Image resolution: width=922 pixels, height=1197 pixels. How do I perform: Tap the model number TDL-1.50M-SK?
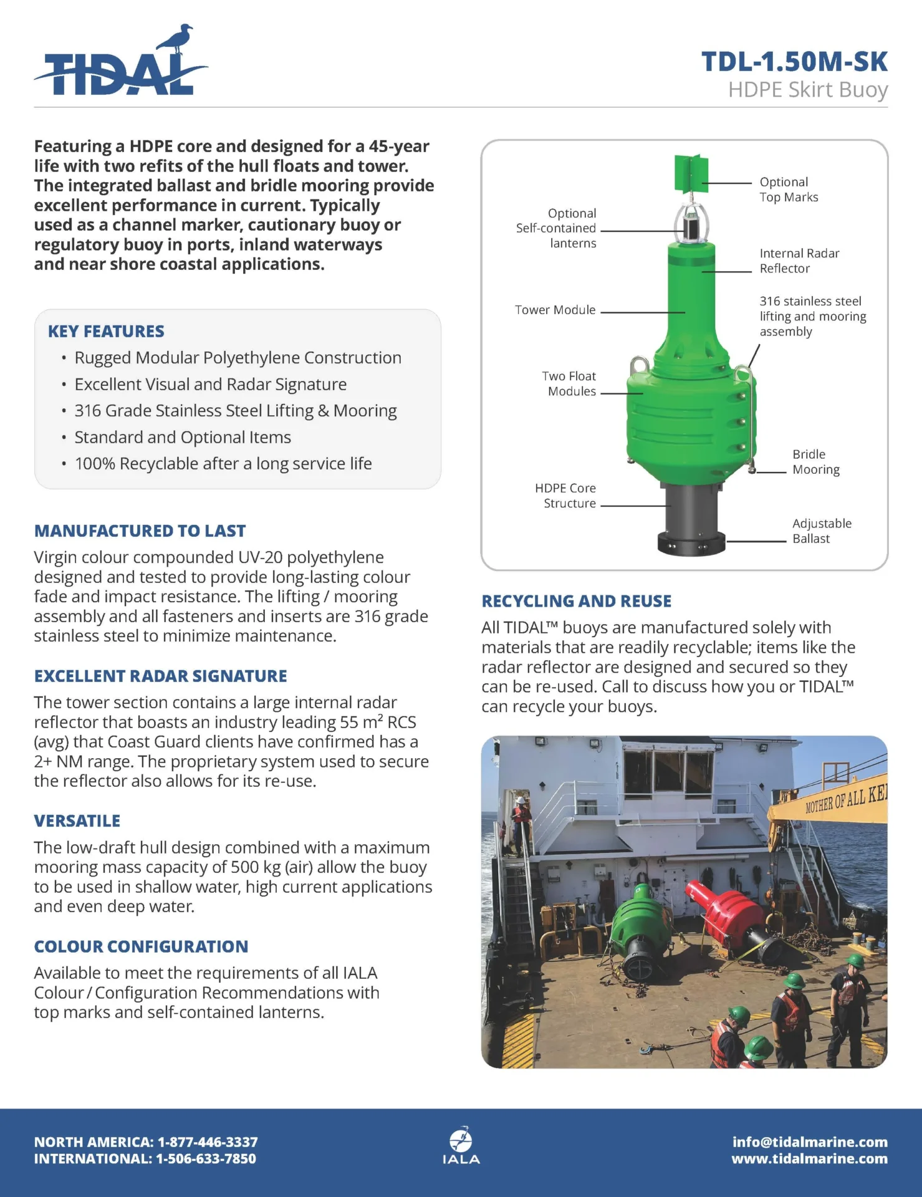click(794, 62)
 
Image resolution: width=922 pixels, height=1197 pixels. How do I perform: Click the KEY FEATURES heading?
click(106, 331)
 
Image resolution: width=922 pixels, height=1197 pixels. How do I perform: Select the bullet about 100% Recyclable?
click(223, 464)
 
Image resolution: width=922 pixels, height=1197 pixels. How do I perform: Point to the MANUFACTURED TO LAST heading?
click(140, 531)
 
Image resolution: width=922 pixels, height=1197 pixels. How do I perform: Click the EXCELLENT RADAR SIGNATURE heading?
click(160, 676)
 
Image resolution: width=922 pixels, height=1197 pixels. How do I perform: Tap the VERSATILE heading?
click(77, 820)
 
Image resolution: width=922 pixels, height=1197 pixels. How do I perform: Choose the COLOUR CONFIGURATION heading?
click(141, 946)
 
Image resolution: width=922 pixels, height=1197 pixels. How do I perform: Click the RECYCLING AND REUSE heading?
click(576, 601)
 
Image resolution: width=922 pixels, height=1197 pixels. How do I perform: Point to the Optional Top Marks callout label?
click(788, 190)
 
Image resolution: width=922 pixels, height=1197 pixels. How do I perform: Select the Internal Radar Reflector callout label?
click(799, 261)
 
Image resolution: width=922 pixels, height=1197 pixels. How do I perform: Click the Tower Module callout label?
click(555, 310)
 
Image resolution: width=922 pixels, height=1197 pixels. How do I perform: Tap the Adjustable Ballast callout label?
click(821, 531)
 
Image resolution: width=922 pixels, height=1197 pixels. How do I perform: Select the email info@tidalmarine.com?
click(810, 1142)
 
